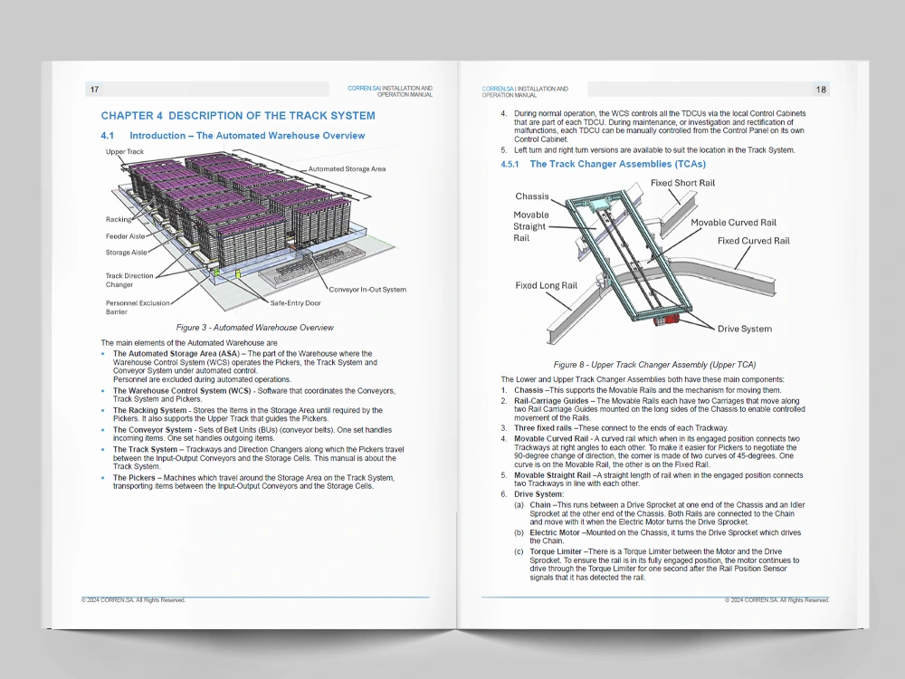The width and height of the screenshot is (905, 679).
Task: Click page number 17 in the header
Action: (94, 90)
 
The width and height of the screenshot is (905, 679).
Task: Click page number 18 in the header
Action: (821, 90)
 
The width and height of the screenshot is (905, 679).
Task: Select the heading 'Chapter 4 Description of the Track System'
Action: (237, 116)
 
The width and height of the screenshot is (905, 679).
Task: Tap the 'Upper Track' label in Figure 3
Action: (125, 152)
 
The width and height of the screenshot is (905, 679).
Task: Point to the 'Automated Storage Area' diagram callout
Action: (347, 169)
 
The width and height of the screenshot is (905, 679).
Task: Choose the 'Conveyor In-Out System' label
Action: (367, 290)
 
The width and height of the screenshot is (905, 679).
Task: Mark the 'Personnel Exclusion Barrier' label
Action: (138, 308)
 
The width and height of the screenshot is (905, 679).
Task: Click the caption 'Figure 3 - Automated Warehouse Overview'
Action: (254, 327)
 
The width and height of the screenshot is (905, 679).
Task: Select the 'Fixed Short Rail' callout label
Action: (682, 184)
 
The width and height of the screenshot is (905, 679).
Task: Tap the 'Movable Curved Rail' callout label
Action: (733, 223)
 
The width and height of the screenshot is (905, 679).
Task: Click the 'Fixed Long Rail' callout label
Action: (546, 286)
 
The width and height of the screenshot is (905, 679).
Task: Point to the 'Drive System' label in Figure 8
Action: (745, 329)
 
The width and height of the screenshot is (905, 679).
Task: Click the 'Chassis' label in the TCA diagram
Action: (532, 196)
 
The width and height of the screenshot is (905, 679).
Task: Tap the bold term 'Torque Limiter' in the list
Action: (557, 551)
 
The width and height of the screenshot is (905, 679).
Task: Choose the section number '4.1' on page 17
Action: (109, 136)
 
